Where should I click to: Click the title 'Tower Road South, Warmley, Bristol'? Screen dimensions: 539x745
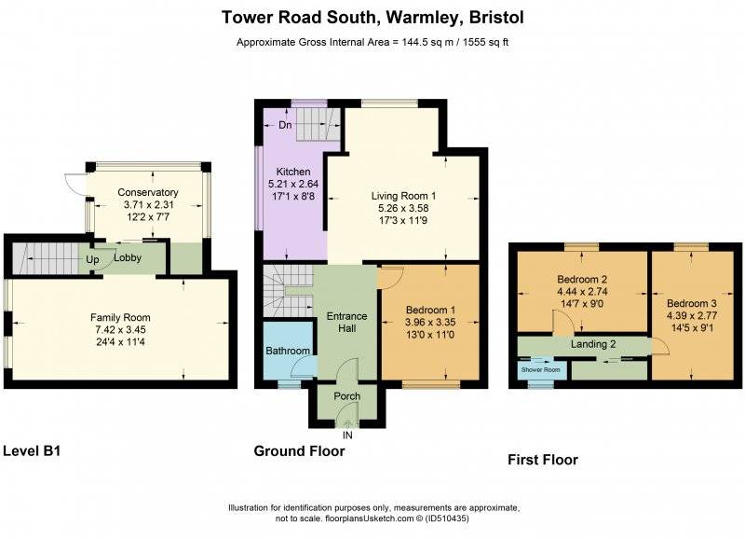372,18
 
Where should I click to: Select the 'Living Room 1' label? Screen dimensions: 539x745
404,195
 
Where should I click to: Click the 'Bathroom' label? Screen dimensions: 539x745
287,351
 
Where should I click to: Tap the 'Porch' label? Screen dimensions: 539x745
346,396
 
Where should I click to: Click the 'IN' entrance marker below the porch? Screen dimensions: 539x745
347,435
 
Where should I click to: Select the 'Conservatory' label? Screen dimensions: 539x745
147,193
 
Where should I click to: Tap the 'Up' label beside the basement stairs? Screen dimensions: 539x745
93,258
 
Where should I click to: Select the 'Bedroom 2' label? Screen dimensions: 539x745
582,279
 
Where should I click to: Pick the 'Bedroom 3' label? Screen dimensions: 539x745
692,303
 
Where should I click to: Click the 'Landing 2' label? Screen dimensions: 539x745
593,345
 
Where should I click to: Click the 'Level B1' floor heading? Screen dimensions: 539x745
32,450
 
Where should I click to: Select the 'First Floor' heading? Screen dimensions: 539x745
542,460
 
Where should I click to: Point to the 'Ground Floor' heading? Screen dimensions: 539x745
299,451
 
